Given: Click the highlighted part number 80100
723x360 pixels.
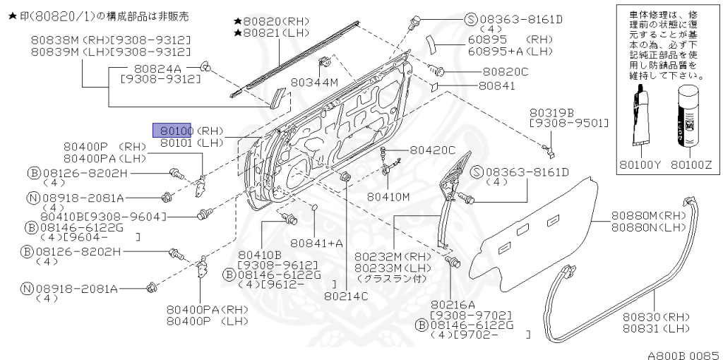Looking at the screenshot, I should (x=173, y=130).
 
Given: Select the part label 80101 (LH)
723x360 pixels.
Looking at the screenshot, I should (x=191, y=143).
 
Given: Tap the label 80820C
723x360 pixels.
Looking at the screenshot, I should (x=505, y=71).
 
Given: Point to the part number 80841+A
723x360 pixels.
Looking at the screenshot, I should (x=316, y=243).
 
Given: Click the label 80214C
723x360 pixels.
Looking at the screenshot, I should (x=347, y=296).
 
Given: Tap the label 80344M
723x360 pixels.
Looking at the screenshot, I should (x=315, y=83).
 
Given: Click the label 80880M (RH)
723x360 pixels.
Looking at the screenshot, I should (x=649, y=215).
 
